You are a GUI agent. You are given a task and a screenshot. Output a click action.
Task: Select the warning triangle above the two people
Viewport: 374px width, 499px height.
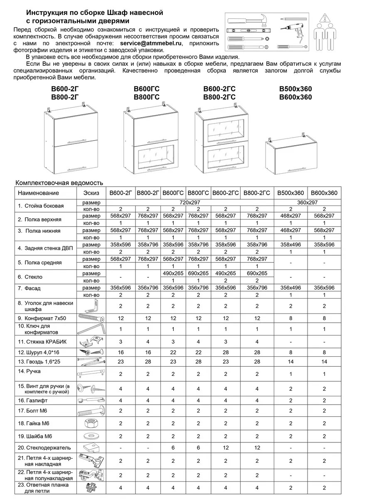click(324, 18)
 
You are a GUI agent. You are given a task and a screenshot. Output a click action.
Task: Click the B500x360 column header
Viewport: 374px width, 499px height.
click(290, 193)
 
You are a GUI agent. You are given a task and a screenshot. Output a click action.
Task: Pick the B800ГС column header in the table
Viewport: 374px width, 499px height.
click(198, 193)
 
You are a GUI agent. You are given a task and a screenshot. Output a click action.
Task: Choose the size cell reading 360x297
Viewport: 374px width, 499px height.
click(307, 202)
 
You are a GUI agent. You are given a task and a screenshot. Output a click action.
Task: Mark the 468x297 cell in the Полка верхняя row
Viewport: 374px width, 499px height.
click(290, 216)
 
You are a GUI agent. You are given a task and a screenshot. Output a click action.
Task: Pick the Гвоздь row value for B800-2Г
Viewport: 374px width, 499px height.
click(148, 362)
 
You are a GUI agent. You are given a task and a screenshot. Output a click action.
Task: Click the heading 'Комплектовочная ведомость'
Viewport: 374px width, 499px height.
click(59, 183)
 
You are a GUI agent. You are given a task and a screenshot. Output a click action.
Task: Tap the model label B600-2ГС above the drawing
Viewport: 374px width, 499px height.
click(219, 89)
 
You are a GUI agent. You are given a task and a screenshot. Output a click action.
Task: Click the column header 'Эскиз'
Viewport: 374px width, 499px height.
click(91, 193)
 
